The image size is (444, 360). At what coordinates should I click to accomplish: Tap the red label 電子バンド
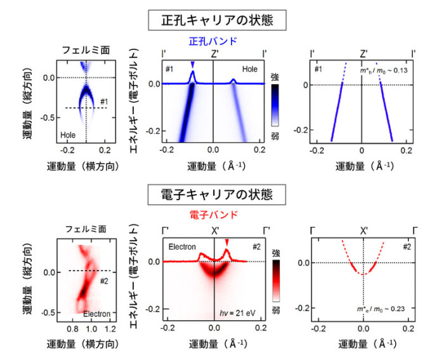tap(214, 215)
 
